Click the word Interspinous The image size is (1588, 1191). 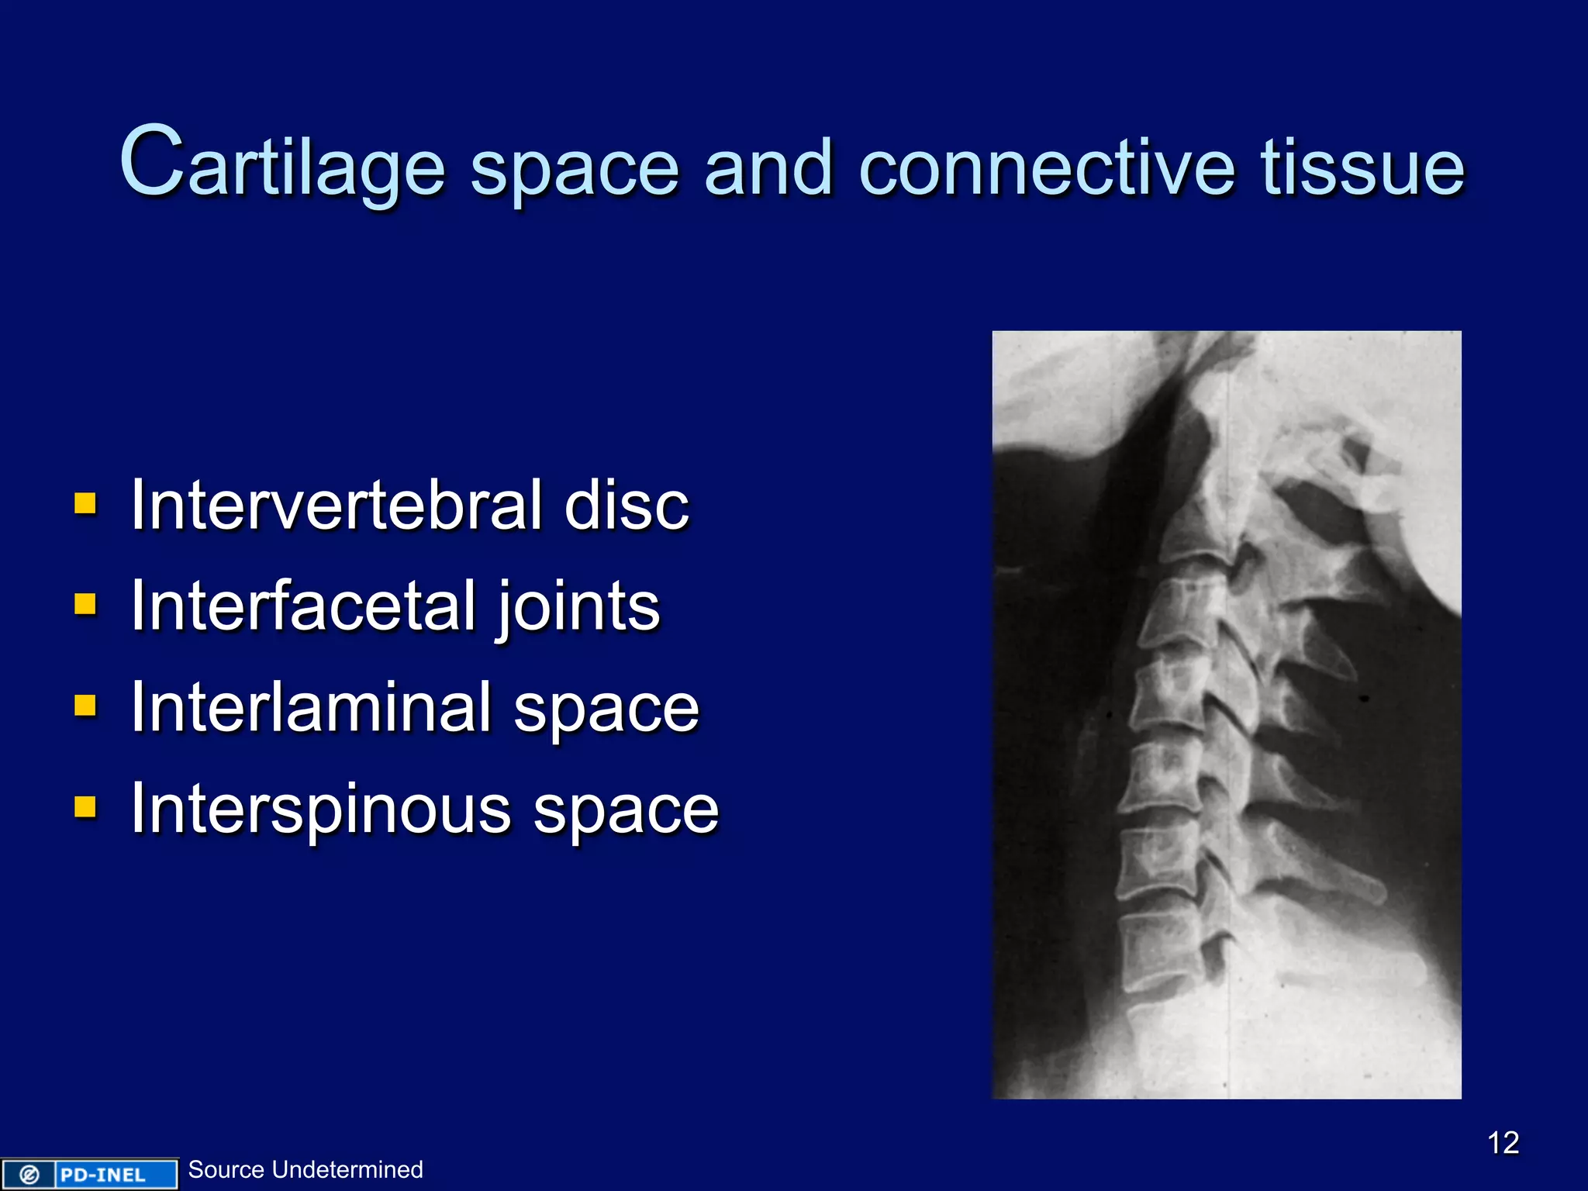click(x=320, y=809)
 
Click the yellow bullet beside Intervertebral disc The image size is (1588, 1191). click(x=85, y=504)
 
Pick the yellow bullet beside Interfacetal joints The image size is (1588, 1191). click(x=85, y=605)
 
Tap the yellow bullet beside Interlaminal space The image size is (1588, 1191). click(x=85, y=706)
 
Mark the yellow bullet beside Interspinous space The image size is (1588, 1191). click(x=85, y=807)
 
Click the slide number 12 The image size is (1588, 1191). click(x=1503, y=1143)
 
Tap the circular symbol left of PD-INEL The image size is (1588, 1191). click(x=29, y=1175)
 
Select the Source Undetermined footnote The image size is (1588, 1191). click(x=306, y=1169)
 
